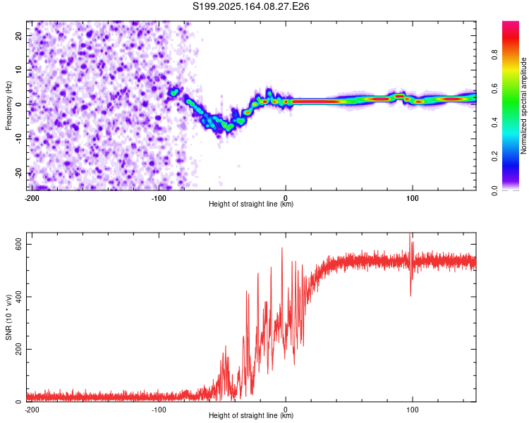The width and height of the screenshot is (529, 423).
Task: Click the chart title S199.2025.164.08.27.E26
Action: tap(250, 6)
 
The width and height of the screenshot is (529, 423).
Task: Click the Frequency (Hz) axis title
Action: tap(8, 106)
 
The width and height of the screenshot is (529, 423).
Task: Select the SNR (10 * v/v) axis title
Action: tap(8, 317)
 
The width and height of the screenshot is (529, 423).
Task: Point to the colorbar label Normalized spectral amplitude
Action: tap(523, 106)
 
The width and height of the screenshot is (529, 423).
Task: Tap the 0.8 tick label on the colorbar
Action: tap(494, 55)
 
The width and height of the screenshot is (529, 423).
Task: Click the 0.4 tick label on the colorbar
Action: tap(494, 123)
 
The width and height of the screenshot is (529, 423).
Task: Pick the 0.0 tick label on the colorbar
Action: tap(494, 190)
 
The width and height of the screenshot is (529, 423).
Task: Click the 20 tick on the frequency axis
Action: tap(18, 36)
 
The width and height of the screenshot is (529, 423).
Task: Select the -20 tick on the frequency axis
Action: tap(18, 173)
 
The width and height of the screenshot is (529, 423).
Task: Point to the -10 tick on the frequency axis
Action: tap(18, 139)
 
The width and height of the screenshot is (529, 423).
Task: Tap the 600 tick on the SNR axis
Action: tap(18, 244)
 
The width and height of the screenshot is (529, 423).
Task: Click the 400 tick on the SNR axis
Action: tap(18, 297)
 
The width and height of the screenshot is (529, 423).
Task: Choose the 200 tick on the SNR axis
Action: tap(18, 349)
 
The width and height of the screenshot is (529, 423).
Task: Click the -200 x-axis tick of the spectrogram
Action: tap(32, 198)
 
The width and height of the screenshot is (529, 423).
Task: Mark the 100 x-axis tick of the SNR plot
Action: tap(413, 410)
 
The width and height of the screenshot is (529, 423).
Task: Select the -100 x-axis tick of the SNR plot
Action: tap(159, 410)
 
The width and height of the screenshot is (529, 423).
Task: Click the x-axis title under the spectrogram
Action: tap(251, 204)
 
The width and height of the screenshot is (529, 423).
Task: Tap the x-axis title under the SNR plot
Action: tap(251, 415)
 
